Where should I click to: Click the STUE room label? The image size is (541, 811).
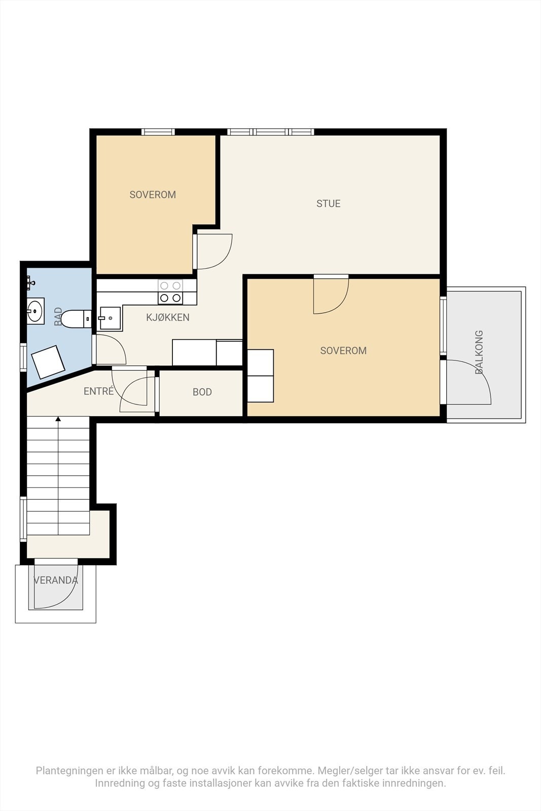click(329, 203)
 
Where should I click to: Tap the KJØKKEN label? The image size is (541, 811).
click(168, 317)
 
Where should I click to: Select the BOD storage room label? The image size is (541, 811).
click(202, 392)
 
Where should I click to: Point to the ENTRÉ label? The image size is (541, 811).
click(98, 391)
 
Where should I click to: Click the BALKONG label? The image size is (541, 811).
click(479, 352)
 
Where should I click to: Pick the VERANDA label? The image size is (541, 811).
click(55, 580)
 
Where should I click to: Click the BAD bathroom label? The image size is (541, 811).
click(58, 317)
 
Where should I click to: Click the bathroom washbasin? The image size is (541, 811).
click(35, 311)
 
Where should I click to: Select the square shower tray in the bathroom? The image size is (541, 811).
click(48, 362)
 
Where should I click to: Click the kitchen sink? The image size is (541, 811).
click(110, 318)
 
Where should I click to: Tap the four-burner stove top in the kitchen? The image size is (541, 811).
click(170, 292)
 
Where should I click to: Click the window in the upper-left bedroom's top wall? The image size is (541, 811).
click(158, 132)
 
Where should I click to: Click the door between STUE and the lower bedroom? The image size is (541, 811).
click(331, 294)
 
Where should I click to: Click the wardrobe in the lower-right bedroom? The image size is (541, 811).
click(261, 376)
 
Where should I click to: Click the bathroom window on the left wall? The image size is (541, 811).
click(23, 357)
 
